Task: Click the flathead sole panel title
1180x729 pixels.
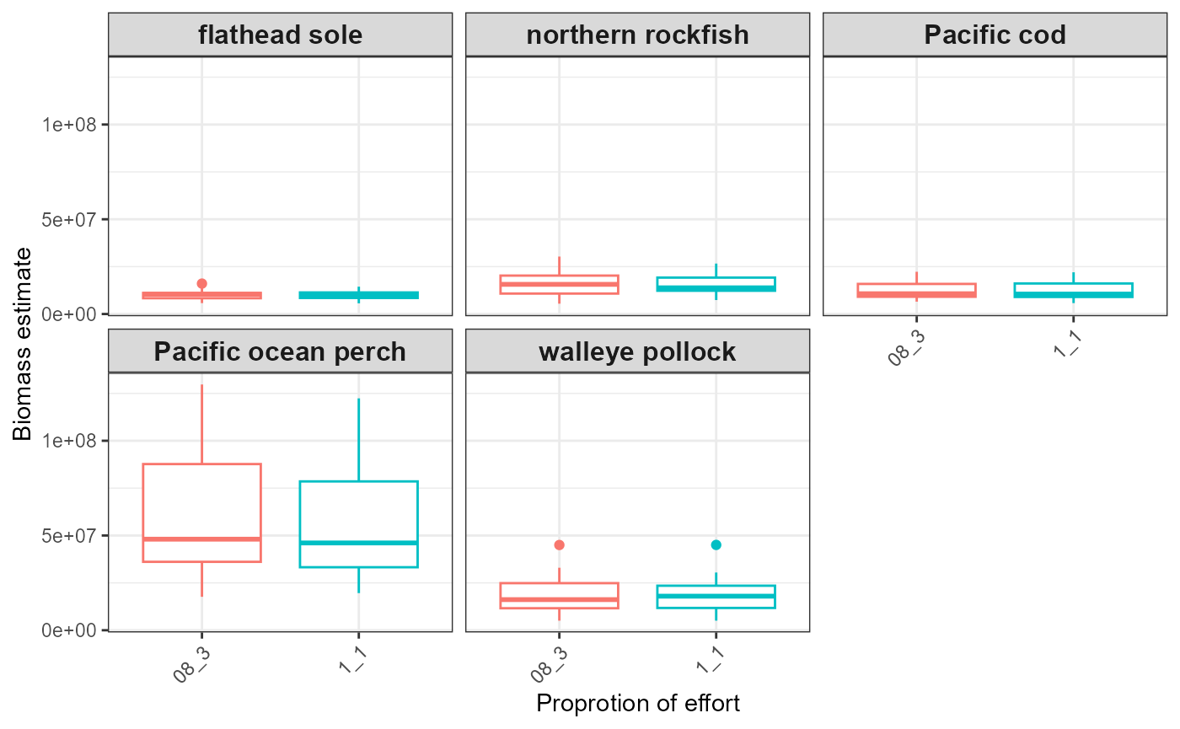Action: pos(280,35)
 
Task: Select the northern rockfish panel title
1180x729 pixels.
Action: pos(637,35)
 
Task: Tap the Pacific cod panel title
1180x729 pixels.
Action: pos(995,35)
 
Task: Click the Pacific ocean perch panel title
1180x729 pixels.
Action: pos(280,351)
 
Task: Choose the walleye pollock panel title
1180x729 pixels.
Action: pos(637,351)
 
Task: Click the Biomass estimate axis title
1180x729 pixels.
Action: pos(23,343)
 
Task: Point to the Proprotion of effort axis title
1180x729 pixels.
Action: pos(638,703)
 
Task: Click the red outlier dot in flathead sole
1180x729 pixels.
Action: pos(201,284)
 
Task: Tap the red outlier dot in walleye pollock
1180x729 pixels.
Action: pos(559,545)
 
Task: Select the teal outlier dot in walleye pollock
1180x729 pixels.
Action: pos(716,545)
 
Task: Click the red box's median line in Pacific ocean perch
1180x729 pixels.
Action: pos(201,539)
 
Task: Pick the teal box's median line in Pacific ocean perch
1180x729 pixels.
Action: pos(359,543)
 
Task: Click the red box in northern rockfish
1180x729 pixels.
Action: pos(559,284)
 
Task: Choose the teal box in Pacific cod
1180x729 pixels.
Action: pos(1073,290)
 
